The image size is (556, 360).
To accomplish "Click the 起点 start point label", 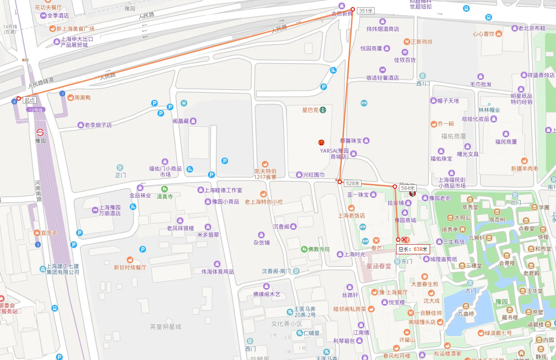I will [29, 100].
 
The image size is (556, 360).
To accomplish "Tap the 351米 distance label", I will [365, 11].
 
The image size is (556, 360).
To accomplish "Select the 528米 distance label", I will [352, 183].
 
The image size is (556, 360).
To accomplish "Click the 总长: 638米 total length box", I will [412, 249].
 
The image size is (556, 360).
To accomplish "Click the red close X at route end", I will [404, 240].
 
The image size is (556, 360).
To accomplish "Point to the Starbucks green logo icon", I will [322, 110].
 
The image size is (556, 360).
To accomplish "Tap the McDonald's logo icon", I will [321, 143].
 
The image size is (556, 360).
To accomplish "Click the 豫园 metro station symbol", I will [40, 132].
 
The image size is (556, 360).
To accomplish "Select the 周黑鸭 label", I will [82, 98].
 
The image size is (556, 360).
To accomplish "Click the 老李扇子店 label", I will [98, 125].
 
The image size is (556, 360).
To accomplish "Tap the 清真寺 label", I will [165, 196].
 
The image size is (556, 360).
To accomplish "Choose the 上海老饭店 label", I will [351, 216].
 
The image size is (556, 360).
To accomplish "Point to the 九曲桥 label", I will [466, 313].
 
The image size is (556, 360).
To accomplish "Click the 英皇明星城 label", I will [165, 327].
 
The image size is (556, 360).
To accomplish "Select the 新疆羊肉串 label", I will [524, 168].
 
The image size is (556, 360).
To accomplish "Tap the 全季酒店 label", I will [58, 16].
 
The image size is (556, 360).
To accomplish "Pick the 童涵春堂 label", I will [378, 266].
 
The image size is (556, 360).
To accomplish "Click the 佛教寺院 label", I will [319, 249].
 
